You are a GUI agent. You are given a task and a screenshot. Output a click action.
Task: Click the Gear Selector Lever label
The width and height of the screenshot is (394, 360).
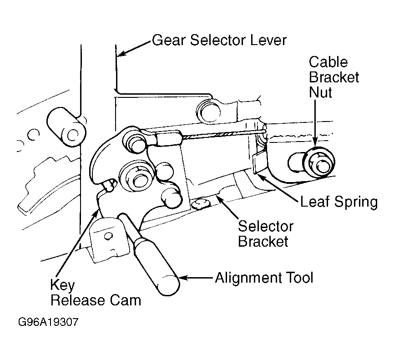(x=219, y=40)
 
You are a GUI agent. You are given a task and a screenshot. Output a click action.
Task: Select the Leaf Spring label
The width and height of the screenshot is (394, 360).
(x=339, y=202)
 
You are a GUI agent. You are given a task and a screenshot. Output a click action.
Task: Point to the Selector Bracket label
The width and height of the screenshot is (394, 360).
(x=265, y=234)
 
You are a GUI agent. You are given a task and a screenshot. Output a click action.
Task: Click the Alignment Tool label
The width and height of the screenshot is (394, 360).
(x=264, y=278)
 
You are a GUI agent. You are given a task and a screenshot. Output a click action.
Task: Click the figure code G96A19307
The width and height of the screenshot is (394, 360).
(x=48, y=322)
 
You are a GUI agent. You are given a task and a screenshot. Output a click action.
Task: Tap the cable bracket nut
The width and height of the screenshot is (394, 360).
(x=318, y=162)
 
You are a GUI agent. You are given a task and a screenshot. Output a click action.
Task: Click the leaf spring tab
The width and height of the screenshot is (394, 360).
(x=259, y=162)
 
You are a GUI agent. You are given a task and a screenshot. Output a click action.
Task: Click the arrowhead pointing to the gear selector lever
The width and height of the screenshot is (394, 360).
(x=121, y=53)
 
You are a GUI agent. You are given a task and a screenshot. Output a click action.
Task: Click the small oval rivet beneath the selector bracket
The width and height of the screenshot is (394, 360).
(x=201, y=203)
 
